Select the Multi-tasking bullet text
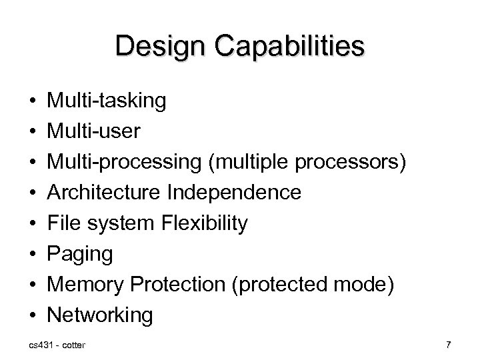pos(107,101)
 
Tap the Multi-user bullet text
pos(93,131)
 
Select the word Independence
pos(235,193)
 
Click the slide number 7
pos(449,345)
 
